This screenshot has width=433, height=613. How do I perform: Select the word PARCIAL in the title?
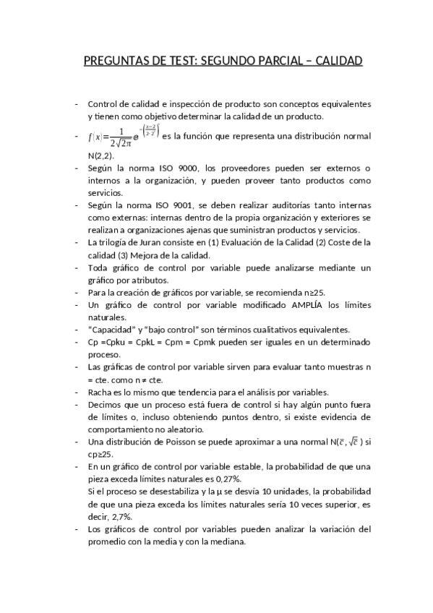[x=272, y=61]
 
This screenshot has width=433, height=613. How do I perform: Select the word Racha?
[x=98, y=392]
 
